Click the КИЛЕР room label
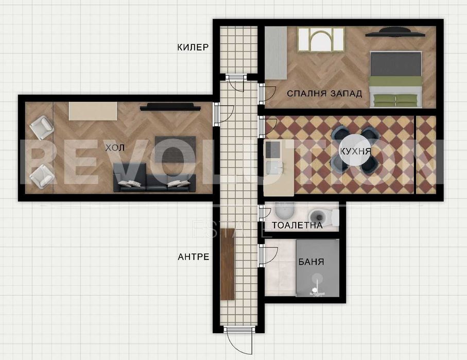coord(193,47)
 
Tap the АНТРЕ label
coord(193,256)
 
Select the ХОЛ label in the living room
coord(115,147)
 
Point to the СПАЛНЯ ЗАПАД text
coord(324,94)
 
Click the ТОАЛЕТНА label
coord(297,225)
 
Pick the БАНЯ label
coord(311,262)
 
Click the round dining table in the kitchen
coord(356,150)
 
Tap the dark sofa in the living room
coord(154,177)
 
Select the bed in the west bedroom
coord(396,79)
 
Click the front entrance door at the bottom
coord(239,340)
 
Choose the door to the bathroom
coord(268,255)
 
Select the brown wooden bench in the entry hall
coord(228,264)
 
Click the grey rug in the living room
coord(176,149)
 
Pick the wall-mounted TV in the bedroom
coord(395,32)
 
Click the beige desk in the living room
coord(93,111)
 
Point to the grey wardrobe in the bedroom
coord(276,53)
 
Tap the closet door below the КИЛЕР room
coord(236,83)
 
